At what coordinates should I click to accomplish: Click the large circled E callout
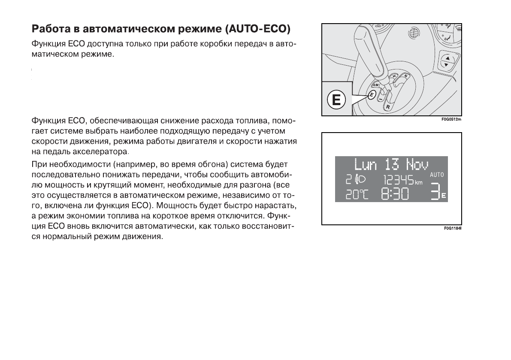[x=336, y=100]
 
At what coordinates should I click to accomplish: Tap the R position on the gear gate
[x=388, y=106]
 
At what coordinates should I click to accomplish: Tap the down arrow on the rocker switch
[x=447, y=65]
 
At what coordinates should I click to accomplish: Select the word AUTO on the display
[x=438, y=175]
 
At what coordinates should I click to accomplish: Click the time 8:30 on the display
[x=395, y=195]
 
